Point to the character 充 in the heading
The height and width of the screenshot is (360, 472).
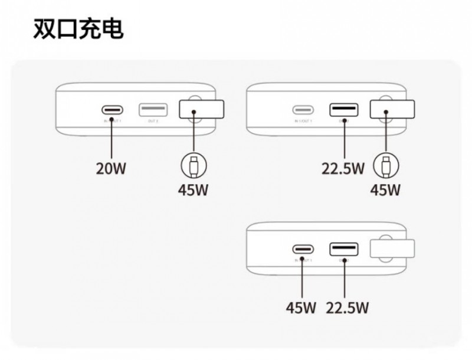tap(89, 28)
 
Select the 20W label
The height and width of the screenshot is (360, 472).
tap(112, 168)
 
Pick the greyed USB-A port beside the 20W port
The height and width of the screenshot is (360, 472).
tap(153, 110)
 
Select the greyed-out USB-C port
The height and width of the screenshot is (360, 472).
tap(303, 110)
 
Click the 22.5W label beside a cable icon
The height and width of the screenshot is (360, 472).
tap(343, 168)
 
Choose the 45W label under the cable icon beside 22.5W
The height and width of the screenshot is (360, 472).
tap(385, 190)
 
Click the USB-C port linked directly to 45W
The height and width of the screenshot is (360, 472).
tap(303, 249)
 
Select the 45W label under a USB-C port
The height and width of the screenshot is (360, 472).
tap(301, 307)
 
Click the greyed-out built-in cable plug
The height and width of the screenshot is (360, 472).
tap(391, 249)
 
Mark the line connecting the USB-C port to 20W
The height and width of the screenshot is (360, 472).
tap(112, 139)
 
